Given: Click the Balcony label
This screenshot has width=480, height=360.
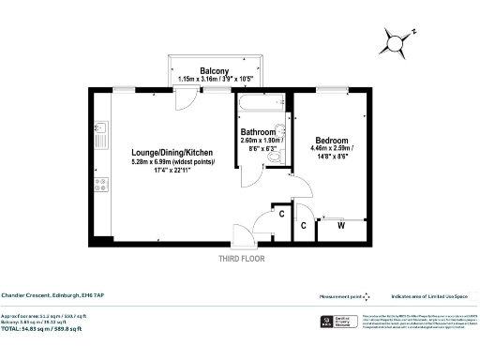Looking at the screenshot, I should (x=215, y=70).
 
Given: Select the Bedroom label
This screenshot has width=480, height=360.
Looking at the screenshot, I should (x=334, y=140).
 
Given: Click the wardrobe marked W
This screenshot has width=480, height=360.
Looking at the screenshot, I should (x=340, y=226).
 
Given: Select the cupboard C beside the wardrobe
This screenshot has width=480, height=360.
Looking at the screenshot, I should (x=305, y=226).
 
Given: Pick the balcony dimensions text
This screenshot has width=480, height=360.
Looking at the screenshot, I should (x=215, y=80).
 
